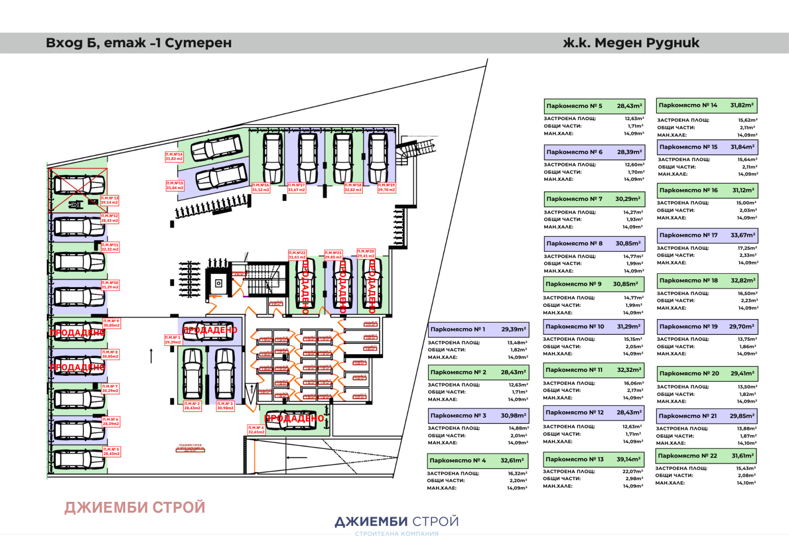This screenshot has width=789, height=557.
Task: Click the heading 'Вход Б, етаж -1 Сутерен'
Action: (x=139, y=43)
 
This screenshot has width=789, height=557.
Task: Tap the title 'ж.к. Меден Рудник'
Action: (x=631, y=43)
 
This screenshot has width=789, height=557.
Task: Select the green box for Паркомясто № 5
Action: (x=594, y=106)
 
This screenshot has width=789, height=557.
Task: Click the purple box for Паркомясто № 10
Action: (x=593, y=327)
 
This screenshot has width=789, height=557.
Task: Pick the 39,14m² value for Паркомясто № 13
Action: (x=628, y=459)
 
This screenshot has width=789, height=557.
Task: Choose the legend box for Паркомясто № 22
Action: (x=706, y=456)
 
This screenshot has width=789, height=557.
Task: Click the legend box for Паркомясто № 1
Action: (x=478, y=329)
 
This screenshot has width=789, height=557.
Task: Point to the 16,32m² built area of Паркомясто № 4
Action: (x=517, y=473)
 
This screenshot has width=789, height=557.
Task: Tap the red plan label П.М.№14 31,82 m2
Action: (x=174, y=157)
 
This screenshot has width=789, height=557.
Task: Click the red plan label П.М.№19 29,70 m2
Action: (x=387, y=188)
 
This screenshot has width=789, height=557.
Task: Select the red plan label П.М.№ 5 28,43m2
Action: (x=111, y=452)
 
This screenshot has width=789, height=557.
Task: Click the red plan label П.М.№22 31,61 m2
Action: (x=297, y=255)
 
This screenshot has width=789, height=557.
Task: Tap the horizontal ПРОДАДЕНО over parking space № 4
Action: (x=294, y=418)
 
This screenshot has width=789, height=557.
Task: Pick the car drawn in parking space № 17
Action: (x=308, y=158)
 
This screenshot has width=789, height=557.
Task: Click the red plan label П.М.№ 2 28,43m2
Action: (x=192, y=406)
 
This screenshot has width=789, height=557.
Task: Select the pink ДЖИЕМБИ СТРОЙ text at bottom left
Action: (x=135, y=507)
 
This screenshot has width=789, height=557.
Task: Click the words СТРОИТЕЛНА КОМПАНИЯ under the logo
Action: (x=396, y=534)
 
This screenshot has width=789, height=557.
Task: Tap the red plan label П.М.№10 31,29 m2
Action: (x=110, y=285)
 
